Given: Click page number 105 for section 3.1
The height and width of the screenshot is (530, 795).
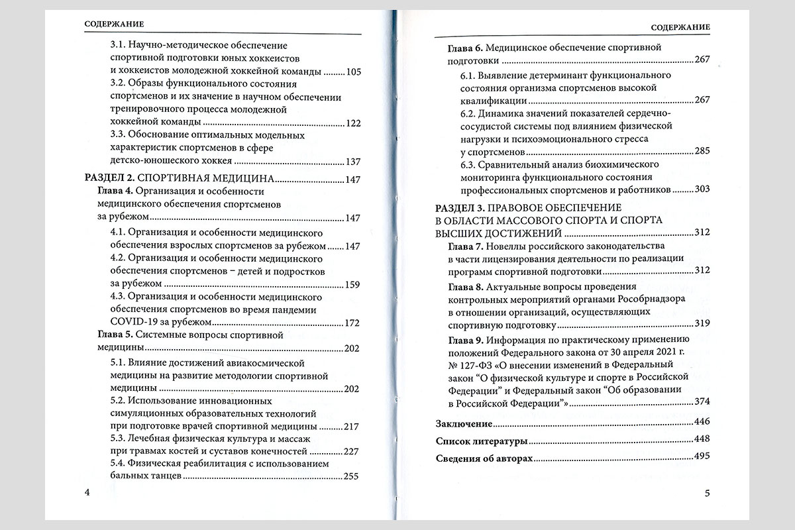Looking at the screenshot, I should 354,71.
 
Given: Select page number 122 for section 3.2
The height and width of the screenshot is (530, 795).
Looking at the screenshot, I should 354,123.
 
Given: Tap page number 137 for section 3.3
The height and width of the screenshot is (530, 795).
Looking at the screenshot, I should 354,161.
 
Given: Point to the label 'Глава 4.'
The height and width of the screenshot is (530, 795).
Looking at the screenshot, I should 115,191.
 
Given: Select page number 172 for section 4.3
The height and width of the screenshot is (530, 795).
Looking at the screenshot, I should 352,323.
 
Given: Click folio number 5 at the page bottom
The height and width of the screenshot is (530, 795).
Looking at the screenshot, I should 707,493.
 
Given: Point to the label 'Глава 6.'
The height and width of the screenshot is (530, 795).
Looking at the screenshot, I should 465,48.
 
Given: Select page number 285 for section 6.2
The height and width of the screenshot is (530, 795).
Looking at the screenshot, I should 702,151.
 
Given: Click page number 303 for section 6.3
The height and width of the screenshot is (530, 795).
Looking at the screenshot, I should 702,190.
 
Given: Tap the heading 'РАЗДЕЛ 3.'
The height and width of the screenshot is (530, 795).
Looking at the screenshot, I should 458,207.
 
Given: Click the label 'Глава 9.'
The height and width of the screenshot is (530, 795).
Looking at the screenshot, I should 465,339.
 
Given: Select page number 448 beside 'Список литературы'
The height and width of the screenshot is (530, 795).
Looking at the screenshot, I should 701,441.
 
